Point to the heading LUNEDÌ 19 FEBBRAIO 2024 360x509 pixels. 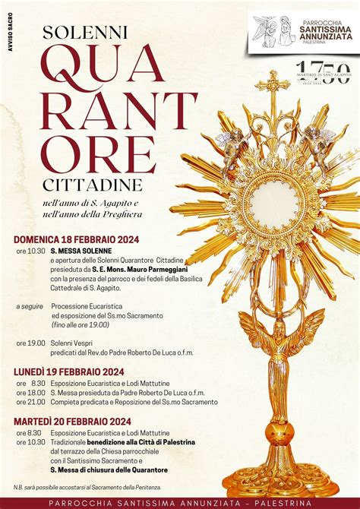[x=68, y=371]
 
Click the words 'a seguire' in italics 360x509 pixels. [x=29, y=306]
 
